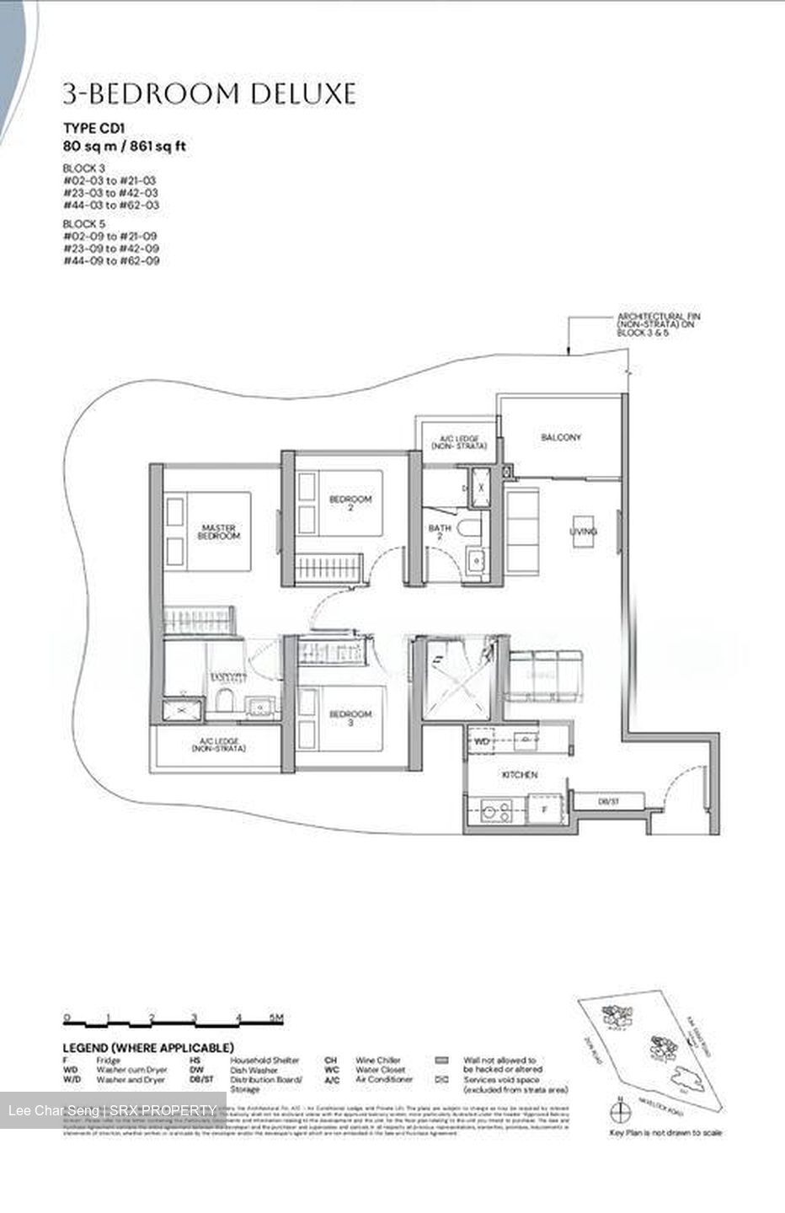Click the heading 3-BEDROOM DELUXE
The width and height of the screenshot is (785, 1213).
(x=210, y=94)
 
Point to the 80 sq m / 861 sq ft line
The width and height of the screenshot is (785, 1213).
(x=125, y=147)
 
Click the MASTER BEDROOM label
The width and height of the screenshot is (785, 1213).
(x=219, y=532)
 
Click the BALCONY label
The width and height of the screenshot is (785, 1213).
(x=561, y=438)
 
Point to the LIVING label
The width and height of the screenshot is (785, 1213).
(x=583, y=532)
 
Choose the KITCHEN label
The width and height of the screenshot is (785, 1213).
(x=520, y=774)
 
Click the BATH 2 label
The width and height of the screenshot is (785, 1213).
(x=440, y=533)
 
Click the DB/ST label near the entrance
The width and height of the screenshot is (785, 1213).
(x=608, y=802)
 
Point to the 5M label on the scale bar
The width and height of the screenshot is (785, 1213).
(x=276, y=1018)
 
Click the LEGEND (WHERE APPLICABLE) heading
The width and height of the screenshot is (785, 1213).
(x=147, y=1047)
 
